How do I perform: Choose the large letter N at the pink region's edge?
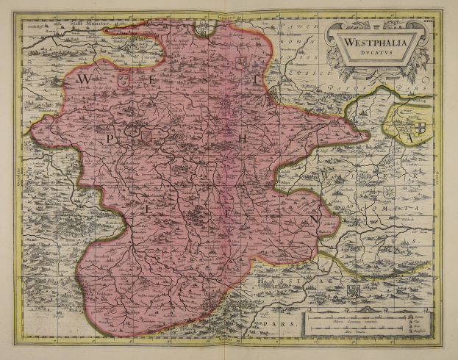pyautogui.click(x=315, y=218)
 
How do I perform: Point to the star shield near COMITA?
pyautogui.click(x=388, y=192)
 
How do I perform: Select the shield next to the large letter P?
pyautogui.click(x=146, y=134)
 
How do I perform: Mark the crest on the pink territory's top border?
pyautogui.click(x=201, y=29)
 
